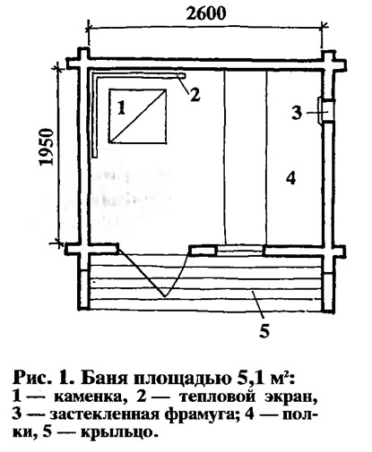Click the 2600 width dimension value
pyautogui.click(x=206, y=13)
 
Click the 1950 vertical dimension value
pyautogui.click(x=47, y=147)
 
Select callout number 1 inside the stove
pyautogui.click(x=121, y=107)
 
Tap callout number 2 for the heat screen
pyautogui.click(x=195, y=95)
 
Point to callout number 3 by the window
pyautogui.click(x=297, y=113)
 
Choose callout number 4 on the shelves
pyautogui.click(x=290, y=178)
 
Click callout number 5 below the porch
pyautogui.click(x=264, y=330)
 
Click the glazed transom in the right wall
pyautogui.click(x=325, y=110)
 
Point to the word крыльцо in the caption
pyautogui.click(x=118, y=432)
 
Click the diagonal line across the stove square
pyautogui.click(x=137, y=115)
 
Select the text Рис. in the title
pyautogui.click(x=30, y=378)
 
